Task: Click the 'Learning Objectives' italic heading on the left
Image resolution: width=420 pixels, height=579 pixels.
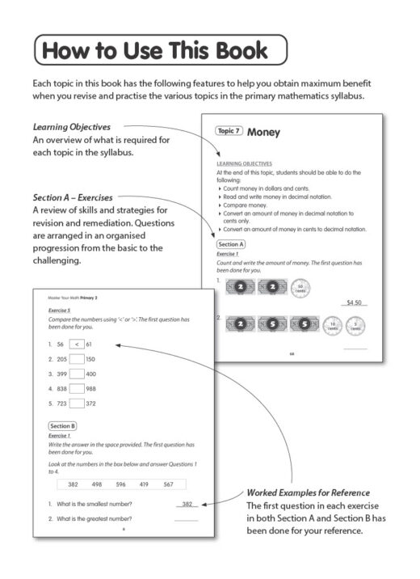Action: point(72,127)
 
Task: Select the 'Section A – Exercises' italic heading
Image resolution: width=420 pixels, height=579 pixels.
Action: point(73,197)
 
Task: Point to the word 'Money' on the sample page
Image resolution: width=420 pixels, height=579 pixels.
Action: point(263,132)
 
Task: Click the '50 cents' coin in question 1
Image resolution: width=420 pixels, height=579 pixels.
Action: point(300,287)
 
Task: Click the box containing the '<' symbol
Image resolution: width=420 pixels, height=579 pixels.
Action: point(77,344)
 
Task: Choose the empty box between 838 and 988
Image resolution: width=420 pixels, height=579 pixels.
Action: point(77,389)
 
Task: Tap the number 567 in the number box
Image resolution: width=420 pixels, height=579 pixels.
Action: point(168,484)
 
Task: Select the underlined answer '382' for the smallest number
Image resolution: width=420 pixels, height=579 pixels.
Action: point(186,504)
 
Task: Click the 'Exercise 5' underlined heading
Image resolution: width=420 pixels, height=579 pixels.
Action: point(59,309)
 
